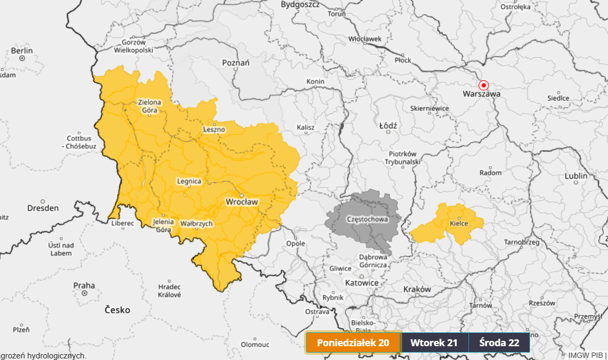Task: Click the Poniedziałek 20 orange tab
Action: tap(353, 342)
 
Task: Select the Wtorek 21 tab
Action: tap(434, 342)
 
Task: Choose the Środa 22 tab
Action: tap(499, 342)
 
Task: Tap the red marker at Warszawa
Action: tap(483, 85)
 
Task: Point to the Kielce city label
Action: tap(459, 224)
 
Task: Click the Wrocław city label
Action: tap(241, 202)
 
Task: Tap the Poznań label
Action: tap(236, 63)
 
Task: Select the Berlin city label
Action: tap(22, 51)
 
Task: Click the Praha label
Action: tap(84, 286)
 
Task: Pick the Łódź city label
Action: tap(388, 125)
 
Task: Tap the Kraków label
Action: tap(416, 289)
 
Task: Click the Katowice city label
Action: tap(362, 283)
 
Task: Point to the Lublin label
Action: tap(576, 176)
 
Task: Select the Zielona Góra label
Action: tap(150, 106)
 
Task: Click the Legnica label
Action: tap(189, 181)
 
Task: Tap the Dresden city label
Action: tap(43, 208)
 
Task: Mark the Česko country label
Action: tap(117, 310)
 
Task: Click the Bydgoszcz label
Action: tap(300, 4)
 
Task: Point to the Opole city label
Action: tap(296, 243)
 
